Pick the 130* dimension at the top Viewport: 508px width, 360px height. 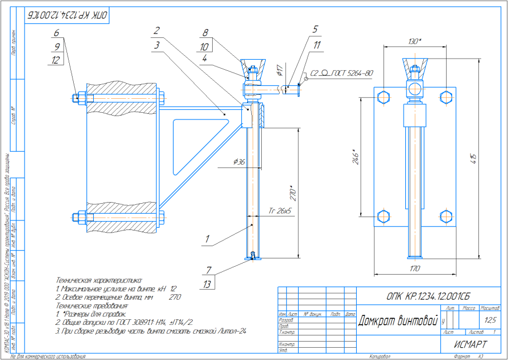coord(414,42)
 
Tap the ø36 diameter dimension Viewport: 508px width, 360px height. coord(239,162)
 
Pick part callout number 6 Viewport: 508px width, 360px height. coord(56,32)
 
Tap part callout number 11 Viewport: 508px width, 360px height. coord(317,46)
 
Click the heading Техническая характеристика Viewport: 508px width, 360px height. coord(99,279)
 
